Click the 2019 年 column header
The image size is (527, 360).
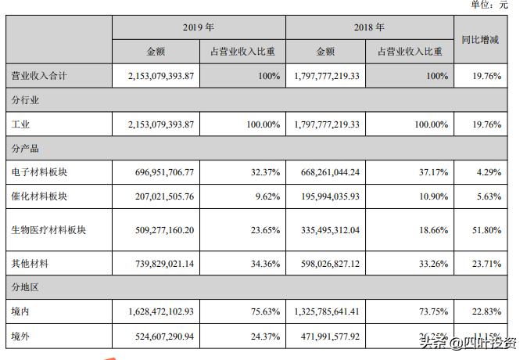pos(199,27)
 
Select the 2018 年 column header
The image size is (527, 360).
pos(369,27)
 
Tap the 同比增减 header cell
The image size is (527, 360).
pos(481,39)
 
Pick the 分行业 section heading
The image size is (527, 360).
pos(25,101)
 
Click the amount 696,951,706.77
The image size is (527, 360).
pos(160,171)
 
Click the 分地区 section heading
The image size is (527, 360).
pos(25,288)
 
